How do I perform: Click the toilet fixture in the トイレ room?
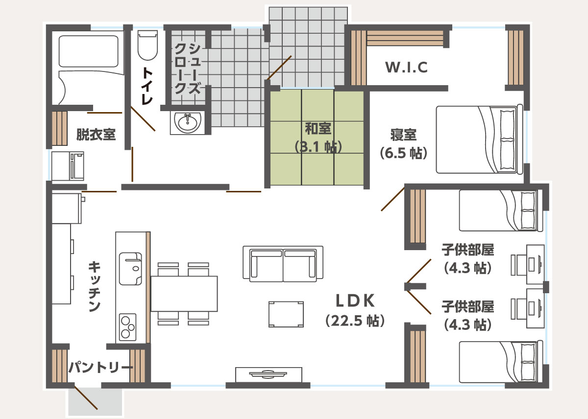147,45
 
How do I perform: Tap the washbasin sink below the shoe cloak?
187,123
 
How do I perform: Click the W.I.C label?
406,67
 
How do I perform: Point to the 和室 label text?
318,128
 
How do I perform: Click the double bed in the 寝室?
479,139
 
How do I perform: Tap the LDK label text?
355,301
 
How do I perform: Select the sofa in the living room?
283,264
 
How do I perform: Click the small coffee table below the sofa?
286,314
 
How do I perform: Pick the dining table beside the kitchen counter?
184,294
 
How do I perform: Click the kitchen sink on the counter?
130,269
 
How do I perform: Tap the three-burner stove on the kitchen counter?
128,327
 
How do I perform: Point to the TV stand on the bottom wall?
269,374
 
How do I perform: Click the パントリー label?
101,367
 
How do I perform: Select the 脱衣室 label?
96,134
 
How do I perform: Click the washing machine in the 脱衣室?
68,166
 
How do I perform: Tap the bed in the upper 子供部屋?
501,210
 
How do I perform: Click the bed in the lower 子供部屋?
501,362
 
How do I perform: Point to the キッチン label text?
94,286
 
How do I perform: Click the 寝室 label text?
403,135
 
